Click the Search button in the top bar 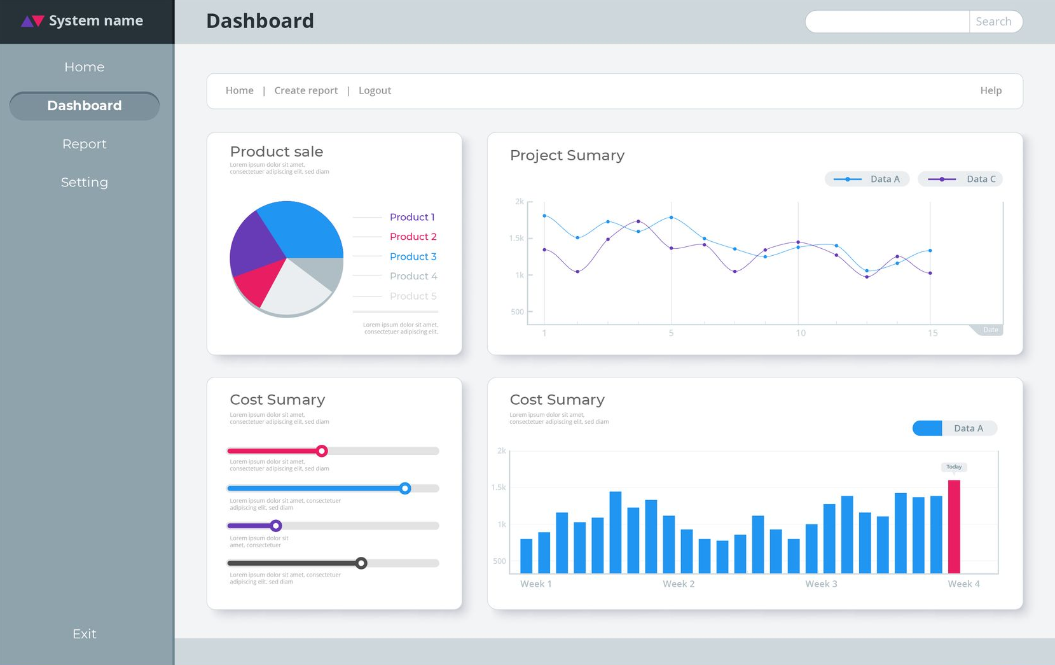(x=993, y=22)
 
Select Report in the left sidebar (x=85, y=144)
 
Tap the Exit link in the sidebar (x=85, y=634)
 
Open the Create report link (x=306, y=90)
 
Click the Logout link (x=375, y=90)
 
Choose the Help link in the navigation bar (x=991, y=90)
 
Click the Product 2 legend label (x=413, y=237)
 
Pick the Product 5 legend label (x=413, y=296)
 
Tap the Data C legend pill (x=960, y=179)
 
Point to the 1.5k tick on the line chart (x=516, y=238)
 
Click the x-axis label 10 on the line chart (x=801, y=333)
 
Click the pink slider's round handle (x=322, y=451)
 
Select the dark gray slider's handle (x=361, y=563)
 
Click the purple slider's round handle (x=276, y=526)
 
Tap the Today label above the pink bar (x=954, y=467)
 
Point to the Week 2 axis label (x=679, y=584)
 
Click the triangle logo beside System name (x=32, y=21)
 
